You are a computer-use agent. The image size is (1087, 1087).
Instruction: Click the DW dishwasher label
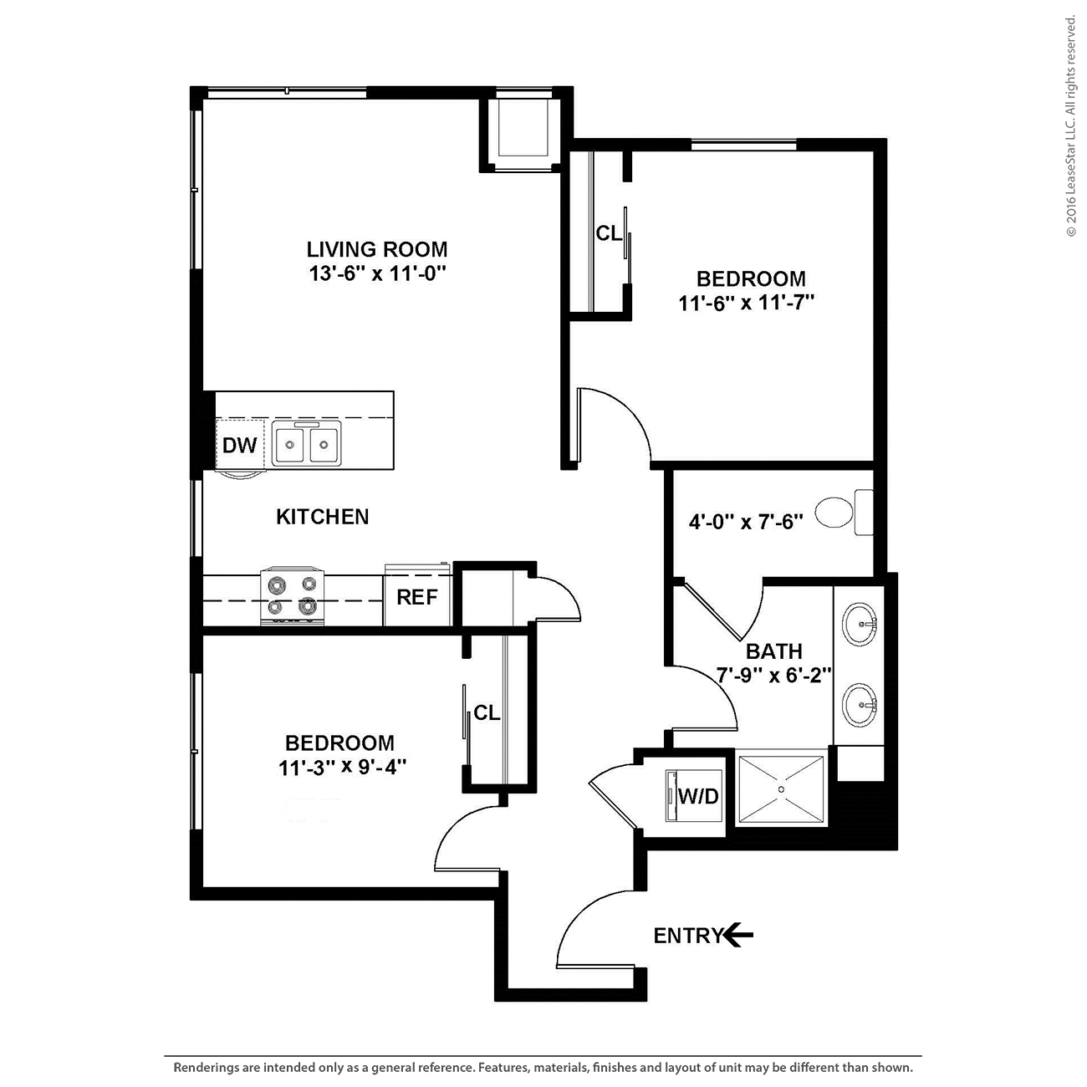(240, 446)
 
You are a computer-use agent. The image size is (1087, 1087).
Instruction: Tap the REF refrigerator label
(417, 597)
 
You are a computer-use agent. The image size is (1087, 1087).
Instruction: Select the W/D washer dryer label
(698, 797)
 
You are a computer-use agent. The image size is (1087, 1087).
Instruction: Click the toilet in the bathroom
(845, 513)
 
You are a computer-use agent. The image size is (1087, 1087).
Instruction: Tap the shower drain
(781, 789)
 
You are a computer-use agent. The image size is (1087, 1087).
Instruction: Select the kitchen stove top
(292, 596)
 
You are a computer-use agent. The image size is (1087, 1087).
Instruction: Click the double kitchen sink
(306, 444)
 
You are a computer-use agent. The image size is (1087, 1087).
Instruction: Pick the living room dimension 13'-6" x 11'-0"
(377, 274)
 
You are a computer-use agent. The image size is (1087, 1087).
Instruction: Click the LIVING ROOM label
(377, 249)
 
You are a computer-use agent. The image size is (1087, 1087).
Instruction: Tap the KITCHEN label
(323, 517)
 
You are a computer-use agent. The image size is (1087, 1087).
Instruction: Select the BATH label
(774, 651)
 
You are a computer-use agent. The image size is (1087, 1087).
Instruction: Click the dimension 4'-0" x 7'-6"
(746, 523)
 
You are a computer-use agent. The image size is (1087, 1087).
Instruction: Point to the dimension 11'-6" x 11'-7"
(747, 304)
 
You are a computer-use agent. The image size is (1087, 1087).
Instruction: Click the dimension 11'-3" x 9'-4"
(342, 767)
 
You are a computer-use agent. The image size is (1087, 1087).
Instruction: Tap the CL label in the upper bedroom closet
(609, 233)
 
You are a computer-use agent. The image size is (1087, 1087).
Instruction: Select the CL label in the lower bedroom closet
(487, 712)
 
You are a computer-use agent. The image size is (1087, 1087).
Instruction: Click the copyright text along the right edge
(1071, 126)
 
